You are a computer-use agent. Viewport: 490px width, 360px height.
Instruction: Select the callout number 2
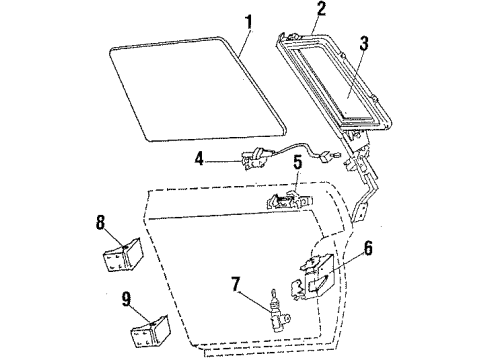click(x=293, y=11)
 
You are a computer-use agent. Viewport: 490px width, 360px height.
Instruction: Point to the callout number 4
click(x=200, y=157)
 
